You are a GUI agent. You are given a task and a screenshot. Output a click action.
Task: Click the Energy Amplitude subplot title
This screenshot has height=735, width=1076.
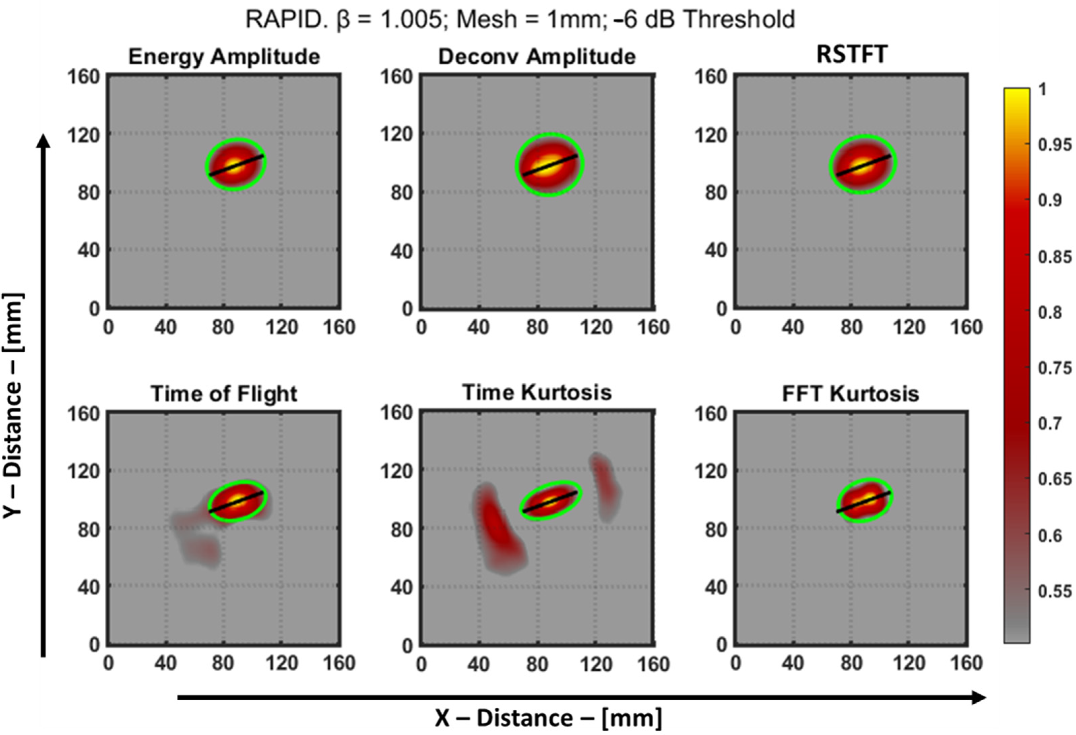224,57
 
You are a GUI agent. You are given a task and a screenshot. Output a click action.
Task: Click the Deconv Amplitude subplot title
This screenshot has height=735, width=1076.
537,57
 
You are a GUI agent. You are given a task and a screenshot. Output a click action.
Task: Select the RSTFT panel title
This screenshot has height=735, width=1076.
851,55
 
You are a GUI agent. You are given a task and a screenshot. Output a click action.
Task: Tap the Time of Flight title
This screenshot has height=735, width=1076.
224,394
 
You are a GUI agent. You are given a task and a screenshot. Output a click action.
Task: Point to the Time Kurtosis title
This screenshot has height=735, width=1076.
537,393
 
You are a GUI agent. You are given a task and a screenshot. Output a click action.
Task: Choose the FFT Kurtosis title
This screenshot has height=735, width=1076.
850,394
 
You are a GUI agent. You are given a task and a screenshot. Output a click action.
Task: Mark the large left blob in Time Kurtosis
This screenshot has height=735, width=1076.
498,533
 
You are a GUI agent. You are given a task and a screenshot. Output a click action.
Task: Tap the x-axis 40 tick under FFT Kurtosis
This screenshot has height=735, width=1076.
793,664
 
